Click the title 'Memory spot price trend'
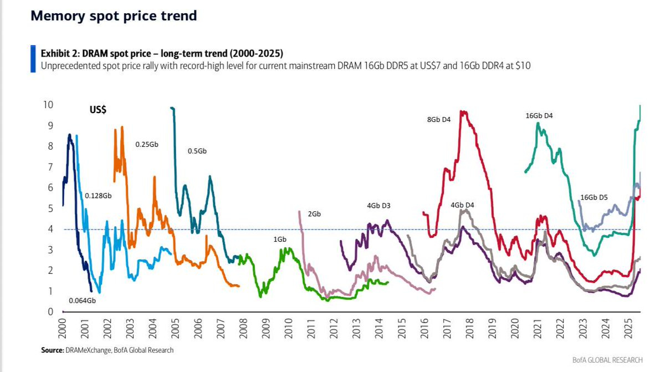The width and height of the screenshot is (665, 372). [x=114, y=16]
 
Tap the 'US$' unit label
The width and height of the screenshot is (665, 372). [x=98, y=110]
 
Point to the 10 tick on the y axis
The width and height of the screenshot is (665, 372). [x=48, y=105]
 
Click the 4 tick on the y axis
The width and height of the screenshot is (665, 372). [x=50, y=229]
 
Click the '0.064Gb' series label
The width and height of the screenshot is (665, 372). [x=82, y=300]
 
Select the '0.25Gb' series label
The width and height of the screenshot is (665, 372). [x=147, y=144]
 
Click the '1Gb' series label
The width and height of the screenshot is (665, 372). [x=279, y=239]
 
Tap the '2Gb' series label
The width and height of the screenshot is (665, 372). [x=314, y=213]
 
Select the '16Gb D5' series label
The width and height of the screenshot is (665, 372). [x=594, y=197]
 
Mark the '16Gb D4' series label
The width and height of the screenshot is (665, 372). [x=539, y=116]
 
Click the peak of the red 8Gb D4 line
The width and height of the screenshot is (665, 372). [x=463, y=112]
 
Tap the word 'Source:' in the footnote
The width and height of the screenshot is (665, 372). [x=52, y=350]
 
